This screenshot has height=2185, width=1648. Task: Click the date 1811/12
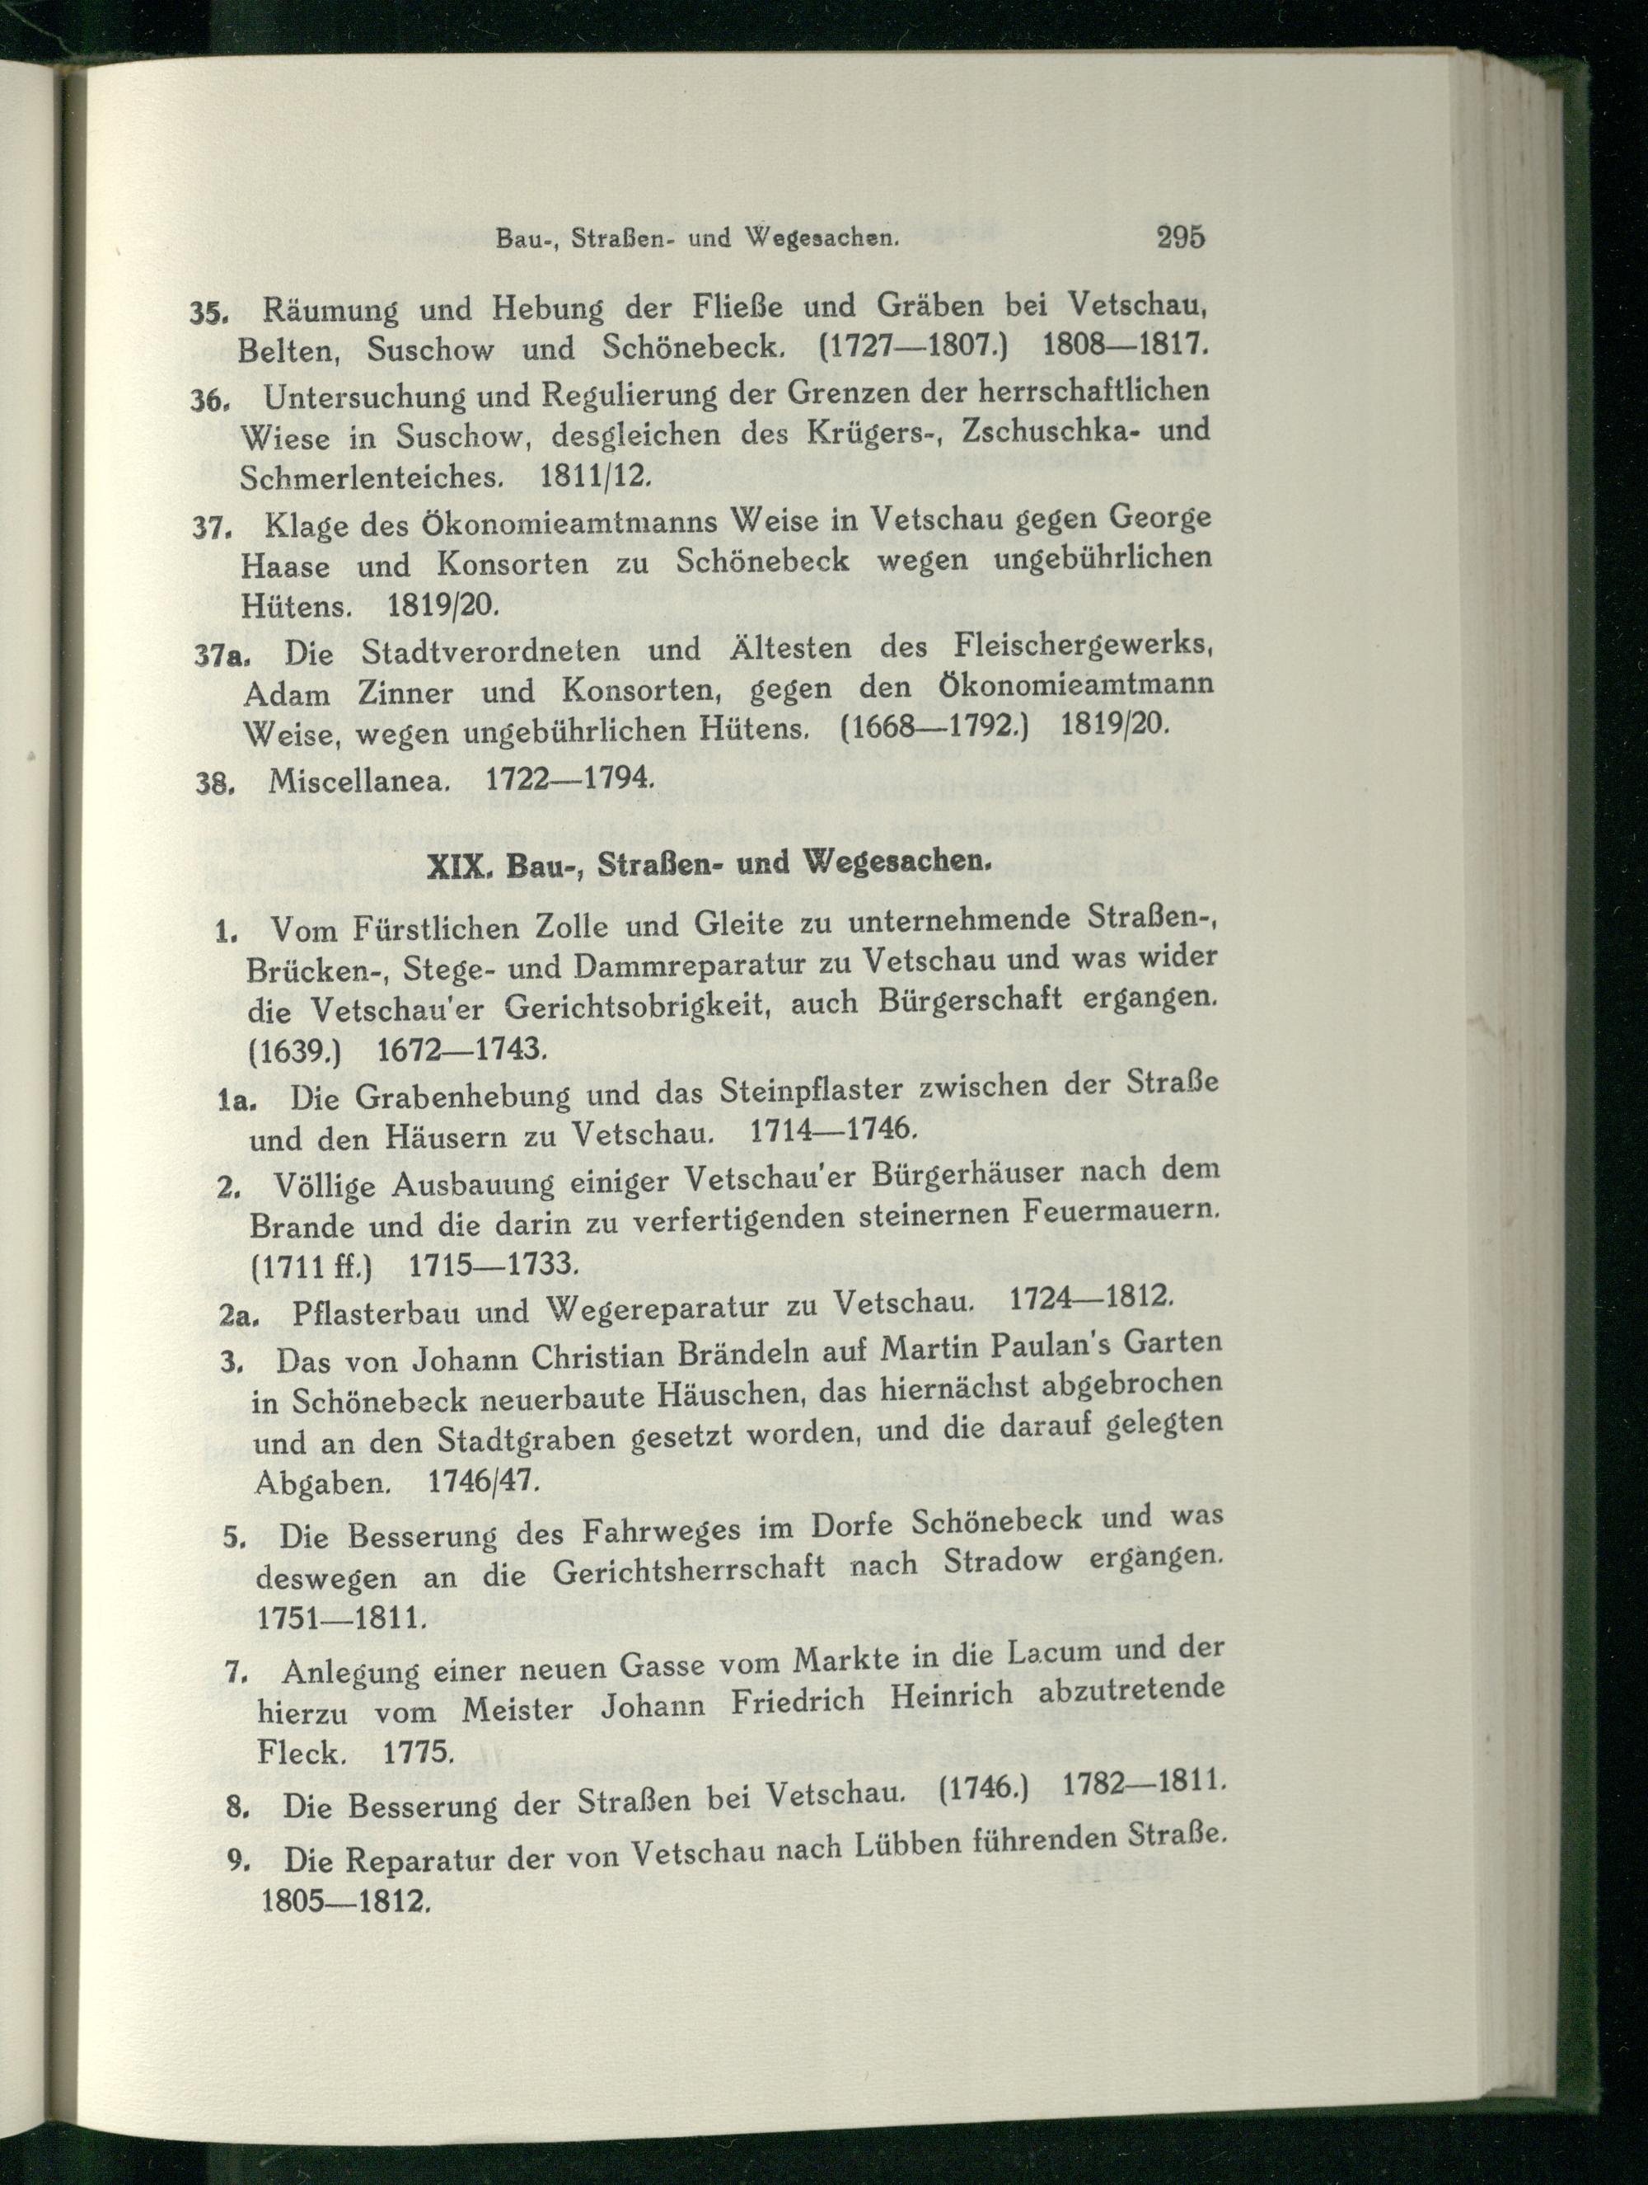596,475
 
